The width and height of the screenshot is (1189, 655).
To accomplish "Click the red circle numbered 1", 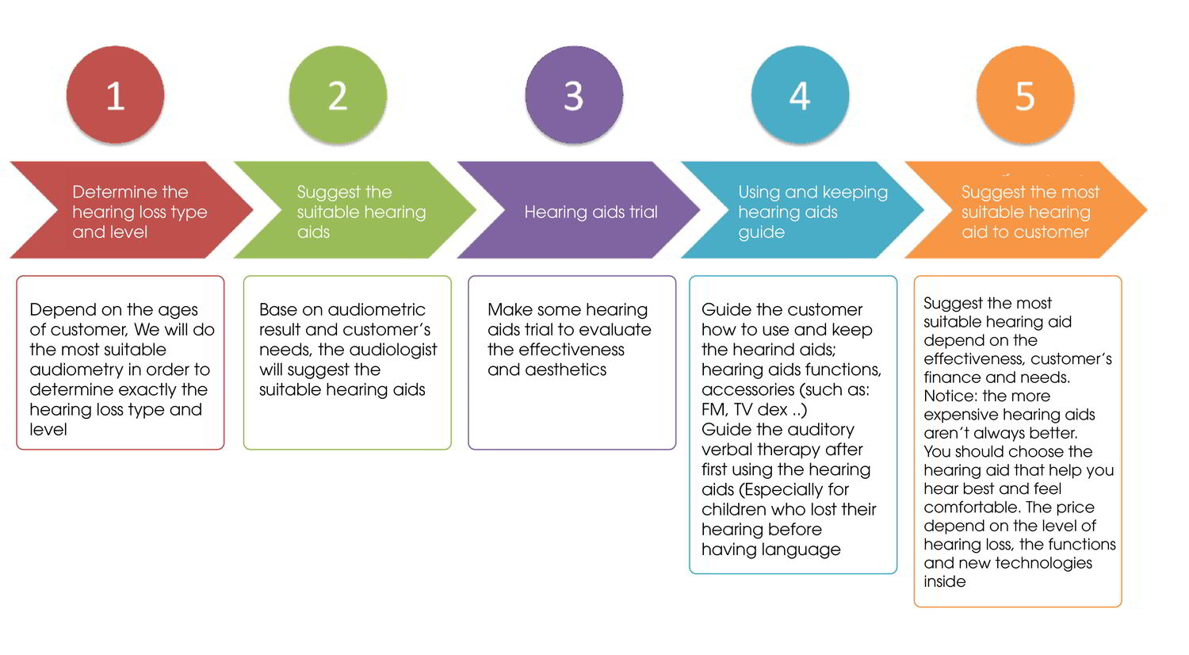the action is [x=115, y=94].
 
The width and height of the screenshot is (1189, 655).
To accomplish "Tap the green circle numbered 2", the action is [x=338, y=94].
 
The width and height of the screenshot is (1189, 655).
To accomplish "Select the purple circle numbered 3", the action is [x=574, y=94].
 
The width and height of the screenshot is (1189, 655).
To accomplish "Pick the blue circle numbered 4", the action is [x=800, y=94].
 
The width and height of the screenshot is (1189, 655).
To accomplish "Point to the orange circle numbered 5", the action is [x=1025, y=94].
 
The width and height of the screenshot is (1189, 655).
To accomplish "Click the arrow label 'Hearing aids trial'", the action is [x=591, y=212].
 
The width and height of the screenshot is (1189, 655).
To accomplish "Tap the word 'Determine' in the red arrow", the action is [x=109, y=192].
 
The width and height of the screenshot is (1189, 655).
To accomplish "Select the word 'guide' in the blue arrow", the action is [x=761, y=232].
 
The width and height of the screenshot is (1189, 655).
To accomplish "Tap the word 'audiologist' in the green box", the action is [x=392, y=350].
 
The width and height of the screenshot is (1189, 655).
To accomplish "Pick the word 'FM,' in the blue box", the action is [x=715, y=410].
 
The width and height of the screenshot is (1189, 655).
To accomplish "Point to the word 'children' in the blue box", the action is [x=733, y=509].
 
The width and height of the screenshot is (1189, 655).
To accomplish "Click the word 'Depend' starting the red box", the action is [x=55, y=310].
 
